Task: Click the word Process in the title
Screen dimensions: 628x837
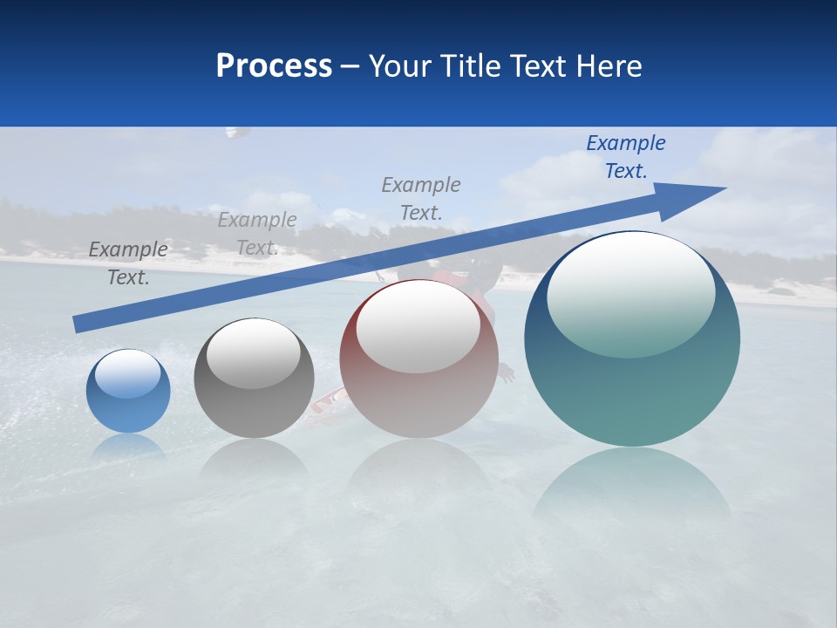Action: click(x=274, y=66)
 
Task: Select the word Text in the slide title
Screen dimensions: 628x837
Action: click(x=539, y=66)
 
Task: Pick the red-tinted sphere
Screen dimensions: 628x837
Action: click(x=418, y=392)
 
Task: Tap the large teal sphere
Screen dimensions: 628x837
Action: click(x=632, y=384)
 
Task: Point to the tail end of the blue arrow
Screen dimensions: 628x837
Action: click(x=78, y=324)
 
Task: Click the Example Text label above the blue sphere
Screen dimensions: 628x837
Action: click(x=128, y=263)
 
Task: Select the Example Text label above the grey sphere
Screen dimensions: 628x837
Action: click(x=257, y=234)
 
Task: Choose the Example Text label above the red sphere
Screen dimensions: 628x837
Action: click(x=421, y=198)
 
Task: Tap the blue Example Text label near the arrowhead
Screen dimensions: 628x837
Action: click(x=626, y=156)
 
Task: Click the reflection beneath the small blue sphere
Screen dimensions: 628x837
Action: click(x=128, y=447)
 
